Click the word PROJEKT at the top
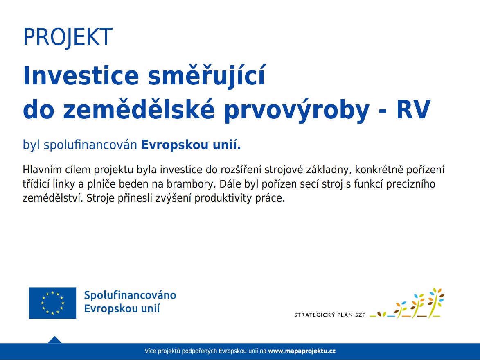[x=68, y=37]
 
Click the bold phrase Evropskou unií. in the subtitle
[x=191, y=145]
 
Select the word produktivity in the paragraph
[x=225, y=199]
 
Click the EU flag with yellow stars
[x=52, y=303]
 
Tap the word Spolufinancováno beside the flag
[x=130, y=295]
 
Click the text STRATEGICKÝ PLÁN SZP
[x=330, y=315]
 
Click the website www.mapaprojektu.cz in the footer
[x=302, y=351]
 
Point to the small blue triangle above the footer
[x=54, y=340]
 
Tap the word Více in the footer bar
[x=151, y=351]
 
